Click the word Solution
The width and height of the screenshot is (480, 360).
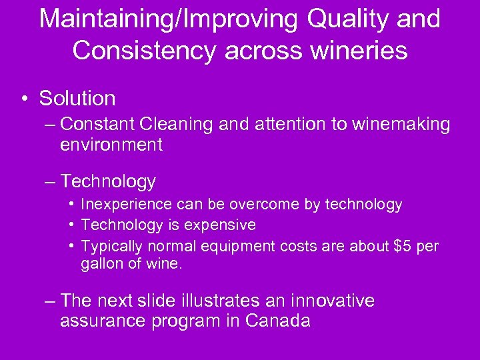[x=77, y=99]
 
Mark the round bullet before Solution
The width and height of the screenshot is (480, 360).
[x=24, y=99]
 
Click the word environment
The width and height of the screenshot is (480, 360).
[x=111, y=145]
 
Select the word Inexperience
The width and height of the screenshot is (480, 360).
[x=123, y=205]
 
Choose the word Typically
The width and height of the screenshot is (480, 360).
[x=111, y=246]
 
